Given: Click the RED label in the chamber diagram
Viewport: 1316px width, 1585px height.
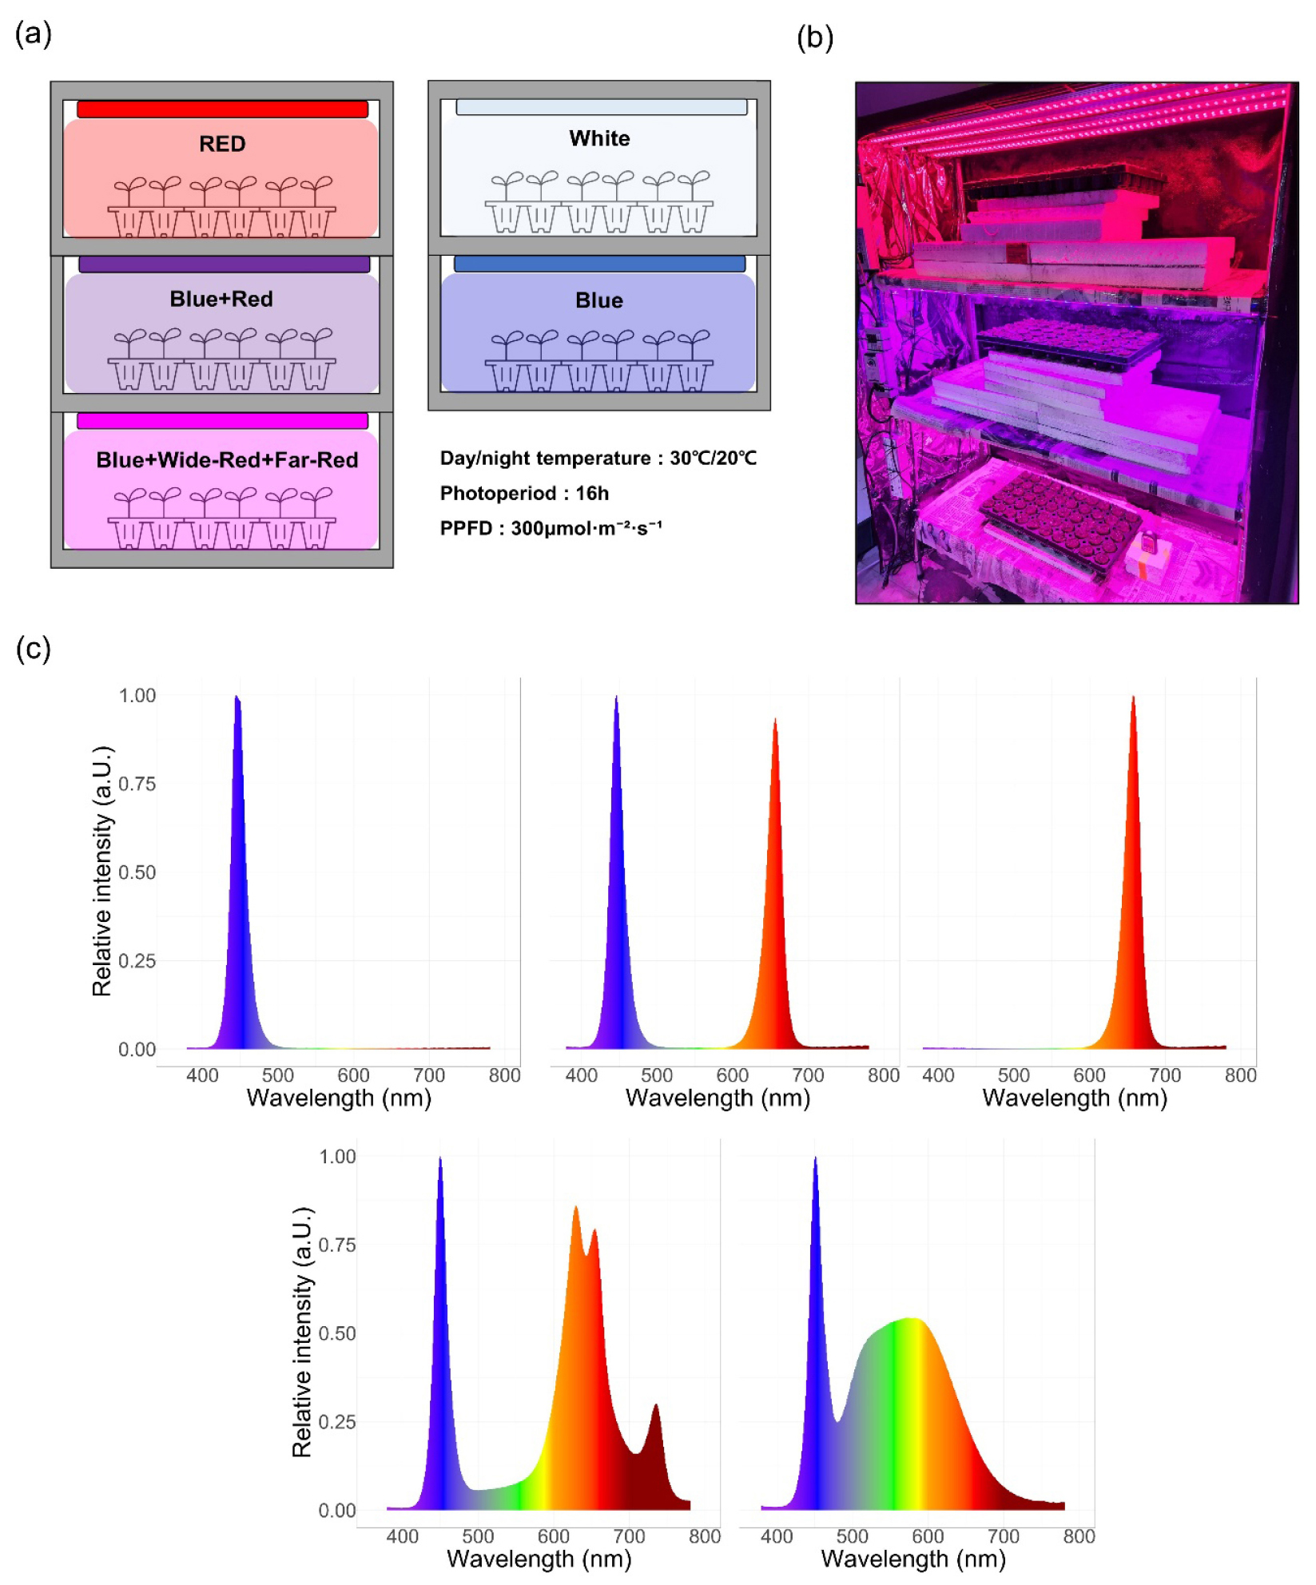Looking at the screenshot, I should point(222,144).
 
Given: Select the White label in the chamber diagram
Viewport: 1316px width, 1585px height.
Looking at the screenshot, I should point(599,139).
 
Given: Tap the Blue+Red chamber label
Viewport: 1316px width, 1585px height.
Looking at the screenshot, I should point(221,299).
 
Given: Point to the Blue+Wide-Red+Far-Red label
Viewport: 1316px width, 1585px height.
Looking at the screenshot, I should point(227,460).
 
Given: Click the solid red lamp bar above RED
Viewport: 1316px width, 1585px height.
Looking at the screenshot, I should point(222,109).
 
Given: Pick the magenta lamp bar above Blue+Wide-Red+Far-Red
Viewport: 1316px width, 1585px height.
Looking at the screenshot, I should point(222,421).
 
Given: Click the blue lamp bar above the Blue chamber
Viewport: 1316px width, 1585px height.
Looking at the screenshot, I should point(599,264).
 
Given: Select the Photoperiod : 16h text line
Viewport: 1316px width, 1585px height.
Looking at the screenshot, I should point(524,493).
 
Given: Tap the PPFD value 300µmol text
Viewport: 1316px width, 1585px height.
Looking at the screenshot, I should point(551,528).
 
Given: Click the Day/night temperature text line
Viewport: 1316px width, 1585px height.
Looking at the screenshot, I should point(598,458).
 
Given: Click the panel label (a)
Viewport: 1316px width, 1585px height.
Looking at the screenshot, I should point(34,34).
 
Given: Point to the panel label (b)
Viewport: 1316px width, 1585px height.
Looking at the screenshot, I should point(815,38).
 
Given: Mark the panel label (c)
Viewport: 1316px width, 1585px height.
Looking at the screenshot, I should point(34,648).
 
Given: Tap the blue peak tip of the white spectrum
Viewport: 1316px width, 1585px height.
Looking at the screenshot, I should point(815,1160).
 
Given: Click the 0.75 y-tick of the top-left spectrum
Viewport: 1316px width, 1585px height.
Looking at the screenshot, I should point(137,784).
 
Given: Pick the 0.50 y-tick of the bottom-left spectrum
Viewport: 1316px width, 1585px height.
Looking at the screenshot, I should point(336,1333).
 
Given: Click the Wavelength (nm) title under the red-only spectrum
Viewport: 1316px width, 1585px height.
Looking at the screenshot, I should point(1074,1098).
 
